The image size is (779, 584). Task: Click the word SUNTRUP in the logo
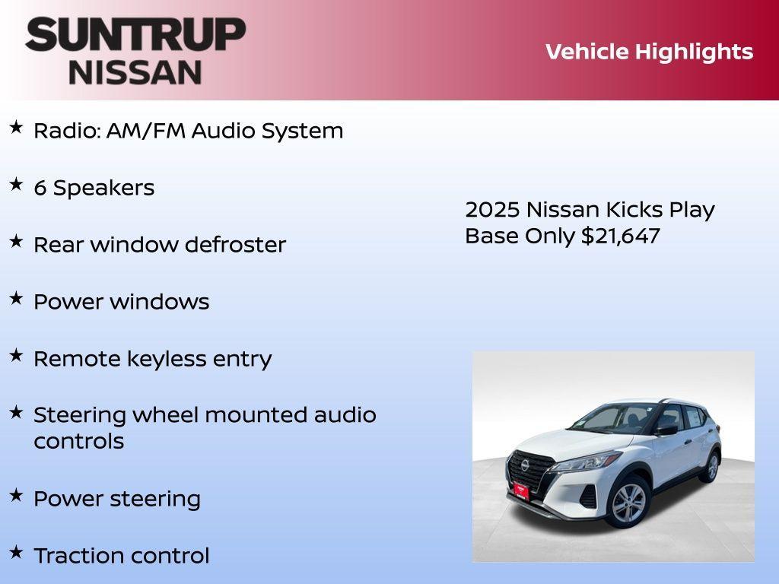pos(135,35)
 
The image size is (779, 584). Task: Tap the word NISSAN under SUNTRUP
pos(135,72)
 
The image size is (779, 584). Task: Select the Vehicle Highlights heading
pos(649,52)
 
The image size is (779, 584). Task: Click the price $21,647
pos(620,236)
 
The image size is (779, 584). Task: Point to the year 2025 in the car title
pos(492,210)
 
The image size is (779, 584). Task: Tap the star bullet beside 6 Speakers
pos(16,185)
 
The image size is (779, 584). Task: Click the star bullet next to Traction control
pos(16,552)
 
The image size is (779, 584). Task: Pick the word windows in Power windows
pos(159,302)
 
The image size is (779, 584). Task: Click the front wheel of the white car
pos(628,503)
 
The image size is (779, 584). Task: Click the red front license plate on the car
pos(521,490)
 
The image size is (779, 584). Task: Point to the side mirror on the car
pos(667,430)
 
